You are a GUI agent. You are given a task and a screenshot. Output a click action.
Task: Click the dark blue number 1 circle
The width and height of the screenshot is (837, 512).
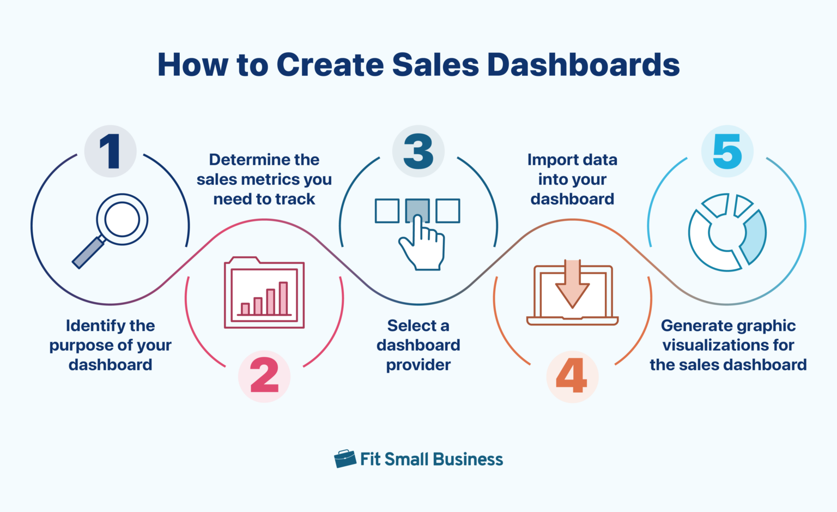110,151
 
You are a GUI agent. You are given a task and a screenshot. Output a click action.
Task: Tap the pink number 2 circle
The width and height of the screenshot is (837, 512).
264,376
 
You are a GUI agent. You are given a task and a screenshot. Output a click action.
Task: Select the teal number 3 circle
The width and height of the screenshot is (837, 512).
418,151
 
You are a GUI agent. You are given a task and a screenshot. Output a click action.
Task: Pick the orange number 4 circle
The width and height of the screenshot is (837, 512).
572,376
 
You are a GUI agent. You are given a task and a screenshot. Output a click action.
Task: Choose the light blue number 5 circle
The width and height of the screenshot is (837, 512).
727,151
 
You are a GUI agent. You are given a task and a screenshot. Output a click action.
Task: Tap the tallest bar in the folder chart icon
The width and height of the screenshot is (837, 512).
283,298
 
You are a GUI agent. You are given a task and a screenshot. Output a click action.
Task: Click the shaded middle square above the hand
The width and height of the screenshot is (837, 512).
417,210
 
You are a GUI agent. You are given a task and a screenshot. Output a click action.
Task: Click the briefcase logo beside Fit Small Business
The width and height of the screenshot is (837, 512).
345,459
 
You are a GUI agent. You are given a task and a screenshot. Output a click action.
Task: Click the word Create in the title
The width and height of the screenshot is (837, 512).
330,65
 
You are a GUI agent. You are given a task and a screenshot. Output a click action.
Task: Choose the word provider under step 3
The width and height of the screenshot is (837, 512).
418,365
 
